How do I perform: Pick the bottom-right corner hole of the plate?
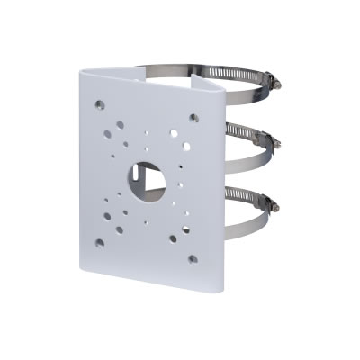pos(193,259)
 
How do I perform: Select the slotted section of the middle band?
pos(245,135)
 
